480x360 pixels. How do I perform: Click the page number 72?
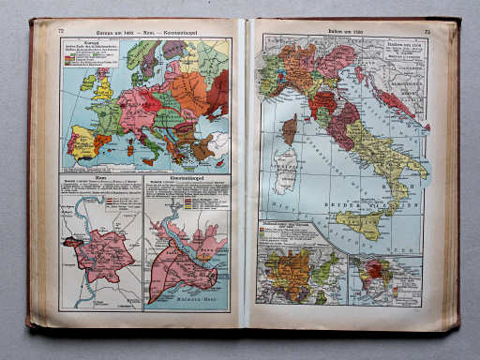(x=61, y=30)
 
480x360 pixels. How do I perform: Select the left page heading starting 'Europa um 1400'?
(x=146, y=30)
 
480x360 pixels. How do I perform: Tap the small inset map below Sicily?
(x=384, y=278)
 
